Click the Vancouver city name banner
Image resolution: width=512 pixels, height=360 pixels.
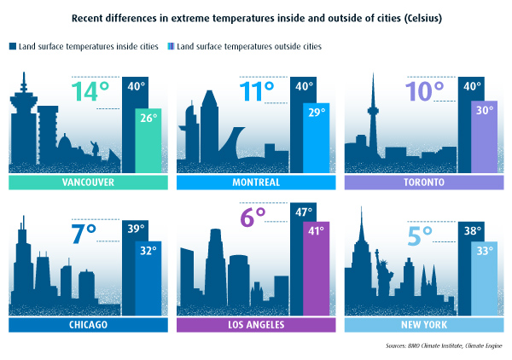[88, 183]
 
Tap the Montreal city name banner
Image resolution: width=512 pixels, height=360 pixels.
[256, 183]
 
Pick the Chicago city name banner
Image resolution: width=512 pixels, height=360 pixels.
[88, 325]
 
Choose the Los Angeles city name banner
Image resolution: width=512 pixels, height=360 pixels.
[256, 325]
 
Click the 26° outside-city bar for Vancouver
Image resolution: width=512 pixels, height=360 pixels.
[148, 141]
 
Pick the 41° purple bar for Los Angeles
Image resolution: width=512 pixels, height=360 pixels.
[317, 269]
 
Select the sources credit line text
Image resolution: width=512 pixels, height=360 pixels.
[443, 346]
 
